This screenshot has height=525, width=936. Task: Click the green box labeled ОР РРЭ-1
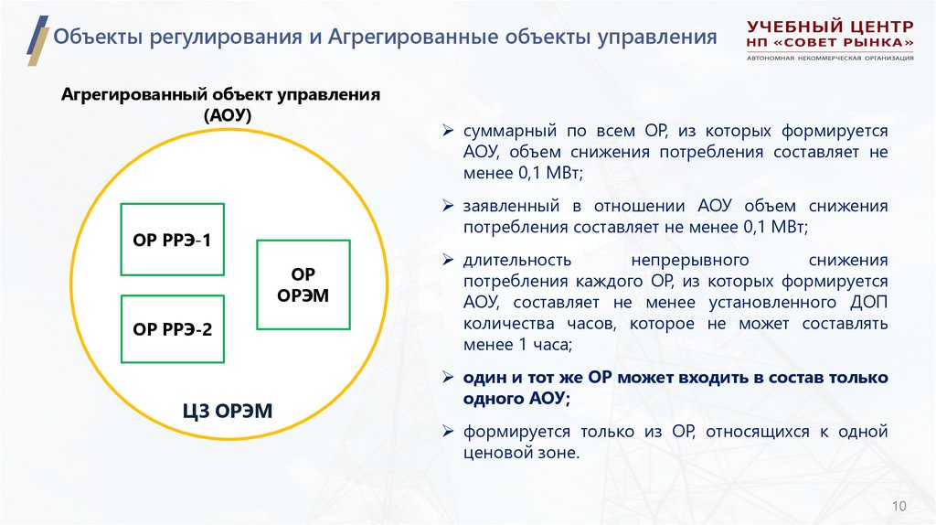coord(172,241)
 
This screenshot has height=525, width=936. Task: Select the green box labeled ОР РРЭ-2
coord(172,328)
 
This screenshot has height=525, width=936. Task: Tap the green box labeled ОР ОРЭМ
coord(303,284)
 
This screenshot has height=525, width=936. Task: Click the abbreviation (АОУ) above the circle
coord(219,116)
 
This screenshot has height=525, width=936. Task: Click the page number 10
coord(899,506)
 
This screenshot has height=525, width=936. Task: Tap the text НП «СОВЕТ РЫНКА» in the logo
coord(830,43)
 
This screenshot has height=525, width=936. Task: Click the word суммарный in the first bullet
coord(504,131)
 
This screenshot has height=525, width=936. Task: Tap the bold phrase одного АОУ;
coord(516,399)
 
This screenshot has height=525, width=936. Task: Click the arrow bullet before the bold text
coord(448,378)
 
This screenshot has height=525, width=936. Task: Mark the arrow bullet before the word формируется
coord(448,432)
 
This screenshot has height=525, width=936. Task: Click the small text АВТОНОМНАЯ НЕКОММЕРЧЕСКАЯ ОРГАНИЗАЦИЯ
coord(830,59)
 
